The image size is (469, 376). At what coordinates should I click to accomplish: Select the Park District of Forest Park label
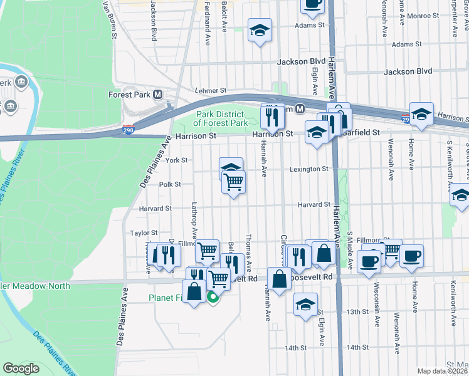tap(222, 119)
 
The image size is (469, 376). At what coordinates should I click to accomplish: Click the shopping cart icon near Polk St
tap(233, 182)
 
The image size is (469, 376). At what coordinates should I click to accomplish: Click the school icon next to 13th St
tap(305, 305)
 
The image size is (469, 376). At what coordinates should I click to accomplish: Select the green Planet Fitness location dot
tap(213, 298)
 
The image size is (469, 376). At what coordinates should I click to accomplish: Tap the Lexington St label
tap(309, 169)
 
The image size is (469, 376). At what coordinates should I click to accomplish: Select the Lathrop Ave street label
tap(194, 220)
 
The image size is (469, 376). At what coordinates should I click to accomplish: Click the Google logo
tap(21, 368)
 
